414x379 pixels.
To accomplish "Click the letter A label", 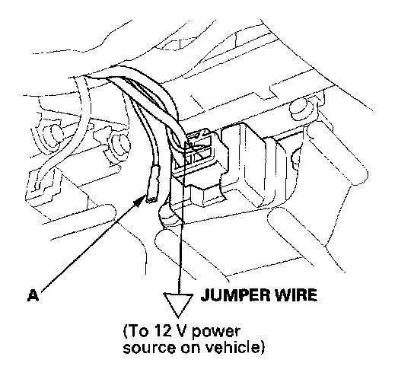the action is (x=33, y=295).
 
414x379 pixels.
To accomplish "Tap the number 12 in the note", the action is (x=166, y=331).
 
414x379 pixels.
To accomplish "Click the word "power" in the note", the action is (x=216, y=333).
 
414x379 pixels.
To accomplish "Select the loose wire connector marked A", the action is (x=153, y=184).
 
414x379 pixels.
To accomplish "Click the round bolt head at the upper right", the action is (x=300, y=107).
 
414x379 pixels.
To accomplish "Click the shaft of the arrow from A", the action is (x=91, y=246).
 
